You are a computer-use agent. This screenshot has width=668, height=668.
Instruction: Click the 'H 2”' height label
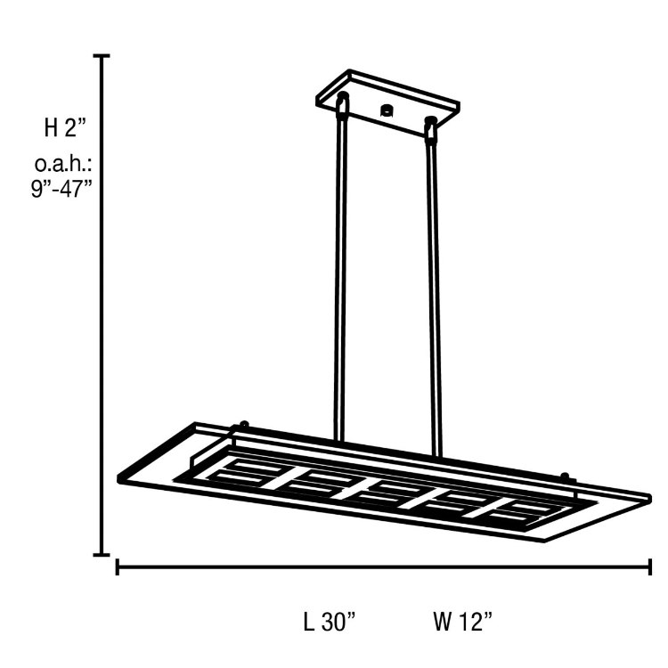[65, 127]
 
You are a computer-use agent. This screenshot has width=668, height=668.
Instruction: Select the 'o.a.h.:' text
[65, 165]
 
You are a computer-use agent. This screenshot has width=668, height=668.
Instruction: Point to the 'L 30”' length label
[330, 622]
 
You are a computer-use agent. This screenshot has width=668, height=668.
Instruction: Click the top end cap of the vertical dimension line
[103, 56]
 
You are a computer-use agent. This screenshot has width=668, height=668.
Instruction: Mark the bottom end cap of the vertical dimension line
[103, 554]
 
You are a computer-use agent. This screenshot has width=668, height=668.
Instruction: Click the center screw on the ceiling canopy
[387, 111]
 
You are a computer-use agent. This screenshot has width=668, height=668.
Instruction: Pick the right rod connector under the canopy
[432, 128]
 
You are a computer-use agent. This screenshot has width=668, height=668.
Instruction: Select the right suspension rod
[435, 294]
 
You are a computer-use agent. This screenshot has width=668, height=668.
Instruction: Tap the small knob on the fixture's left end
[238, 427]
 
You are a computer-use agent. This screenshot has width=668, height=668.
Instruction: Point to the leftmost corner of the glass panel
[119, 478]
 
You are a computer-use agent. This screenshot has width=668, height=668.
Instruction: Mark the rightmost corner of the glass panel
[649, 493]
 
